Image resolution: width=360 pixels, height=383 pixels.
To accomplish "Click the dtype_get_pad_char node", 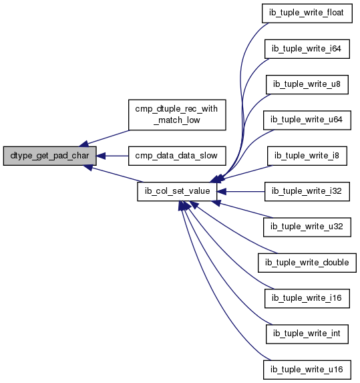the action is pyautogui.click(x=50, y=156).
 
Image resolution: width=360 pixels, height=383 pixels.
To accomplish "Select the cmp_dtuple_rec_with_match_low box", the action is pyautogui.click(x=177, y=115).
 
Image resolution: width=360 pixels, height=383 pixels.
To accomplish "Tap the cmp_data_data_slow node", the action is pyautogui.click(x=177, y=156).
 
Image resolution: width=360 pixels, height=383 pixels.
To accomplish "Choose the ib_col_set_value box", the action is pyautogui.click(x=177, y=191).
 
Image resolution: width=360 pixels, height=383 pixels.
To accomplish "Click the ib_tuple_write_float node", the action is pyautogui.click(x=307, y=13).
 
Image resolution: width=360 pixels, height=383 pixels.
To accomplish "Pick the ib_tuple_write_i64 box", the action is pyautogui.click(x=307, y=49).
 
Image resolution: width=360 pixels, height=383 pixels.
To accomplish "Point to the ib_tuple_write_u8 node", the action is pyautogui.click(x=307, y=84).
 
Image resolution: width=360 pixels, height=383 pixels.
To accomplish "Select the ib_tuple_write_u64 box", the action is pyautogui.click(x=307, y=120).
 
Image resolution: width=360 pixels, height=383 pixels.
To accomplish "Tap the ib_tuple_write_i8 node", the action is pyautogui.click(x=307, y=156).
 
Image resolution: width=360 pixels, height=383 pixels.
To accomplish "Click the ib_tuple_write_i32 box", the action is pyautogui.click(x=307, y=191).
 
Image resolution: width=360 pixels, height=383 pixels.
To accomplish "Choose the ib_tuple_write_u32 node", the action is pyautogui.click(x=307, y=227).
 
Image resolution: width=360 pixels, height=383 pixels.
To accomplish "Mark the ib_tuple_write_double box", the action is pyautogui.click(x=307, y=263).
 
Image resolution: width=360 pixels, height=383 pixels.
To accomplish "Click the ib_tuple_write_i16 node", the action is pyautogui.click(x=307, y=299).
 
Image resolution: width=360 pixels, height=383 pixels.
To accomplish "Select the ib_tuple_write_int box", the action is pyautogui.click(x=307, y=334).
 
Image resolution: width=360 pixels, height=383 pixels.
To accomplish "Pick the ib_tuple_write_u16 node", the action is pyautogui.click(x=307, y=370).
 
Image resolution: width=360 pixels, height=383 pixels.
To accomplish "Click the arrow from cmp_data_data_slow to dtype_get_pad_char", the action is pyautogui.click(x=112, y=156).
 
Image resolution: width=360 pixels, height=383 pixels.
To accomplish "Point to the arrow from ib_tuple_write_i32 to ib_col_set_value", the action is pyautogui.click(x=241, y=191).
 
